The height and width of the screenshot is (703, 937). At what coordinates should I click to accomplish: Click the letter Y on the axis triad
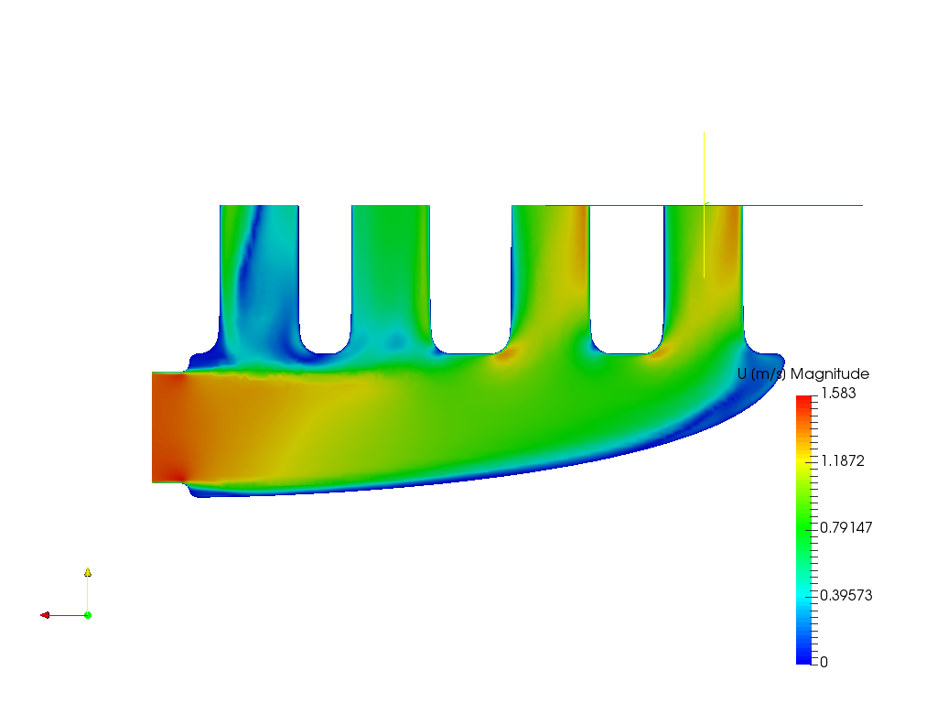[94, 572]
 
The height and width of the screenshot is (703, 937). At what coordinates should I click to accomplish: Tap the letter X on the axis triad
[55, 610]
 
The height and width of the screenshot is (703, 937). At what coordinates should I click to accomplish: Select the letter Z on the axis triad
[93, 611]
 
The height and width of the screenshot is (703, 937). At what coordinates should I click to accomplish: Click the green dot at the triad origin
[88, 614]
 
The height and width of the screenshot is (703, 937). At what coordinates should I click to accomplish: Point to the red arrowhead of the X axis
[44, 615]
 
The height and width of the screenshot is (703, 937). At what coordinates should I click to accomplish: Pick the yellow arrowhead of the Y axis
[88, 571]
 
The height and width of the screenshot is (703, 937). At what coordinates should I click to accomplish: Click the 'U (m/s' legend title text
[759, 373]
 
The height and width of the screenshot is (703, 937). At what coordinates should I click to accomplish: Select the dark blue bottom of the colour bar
[803, 656]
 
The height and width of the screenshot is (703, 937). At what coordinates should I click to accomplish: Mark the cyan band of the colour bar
[803, 600]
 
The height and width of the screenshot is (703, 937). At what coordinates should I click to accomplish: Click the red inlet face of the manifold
[165, 427]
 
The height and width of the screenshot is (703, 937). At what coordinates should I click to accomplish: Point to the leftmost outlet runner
[259, 275]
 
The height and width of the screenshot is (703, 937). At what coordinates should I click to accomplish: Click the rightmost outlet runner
[704, 275]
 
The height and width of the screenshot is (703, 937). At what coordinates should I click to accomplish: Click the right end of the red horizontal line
[861, 205]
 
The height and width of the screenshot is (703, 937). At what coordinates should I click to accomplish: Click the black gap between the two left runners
[325, 275]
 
